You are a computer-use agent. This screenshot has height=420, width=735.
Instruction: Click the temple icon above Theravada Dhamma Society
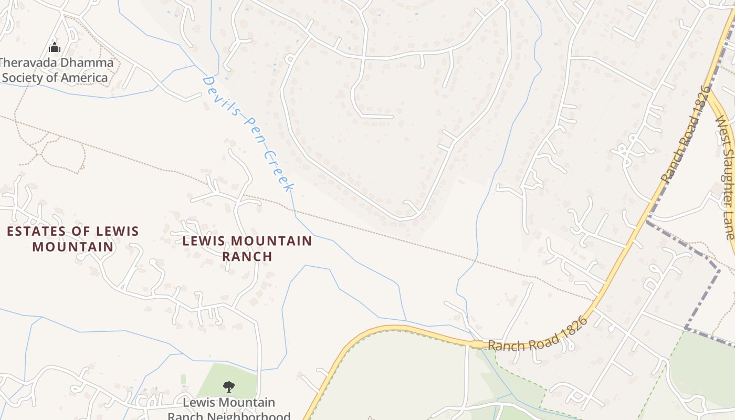(x=55, y=48)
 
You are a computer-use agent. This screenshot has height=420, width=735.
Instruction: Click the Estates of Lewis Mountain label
(x=73, y=238)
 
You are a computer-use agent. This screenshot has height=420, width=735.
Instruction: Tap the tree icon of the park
(x=228, y=387)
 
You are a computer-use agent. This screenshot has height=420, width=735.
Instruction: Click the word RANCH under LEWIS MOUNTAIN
(x=247, y=256)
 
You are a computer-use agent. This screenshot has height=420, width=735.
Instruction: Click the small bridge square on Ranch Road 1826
(x=477, y=344)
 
